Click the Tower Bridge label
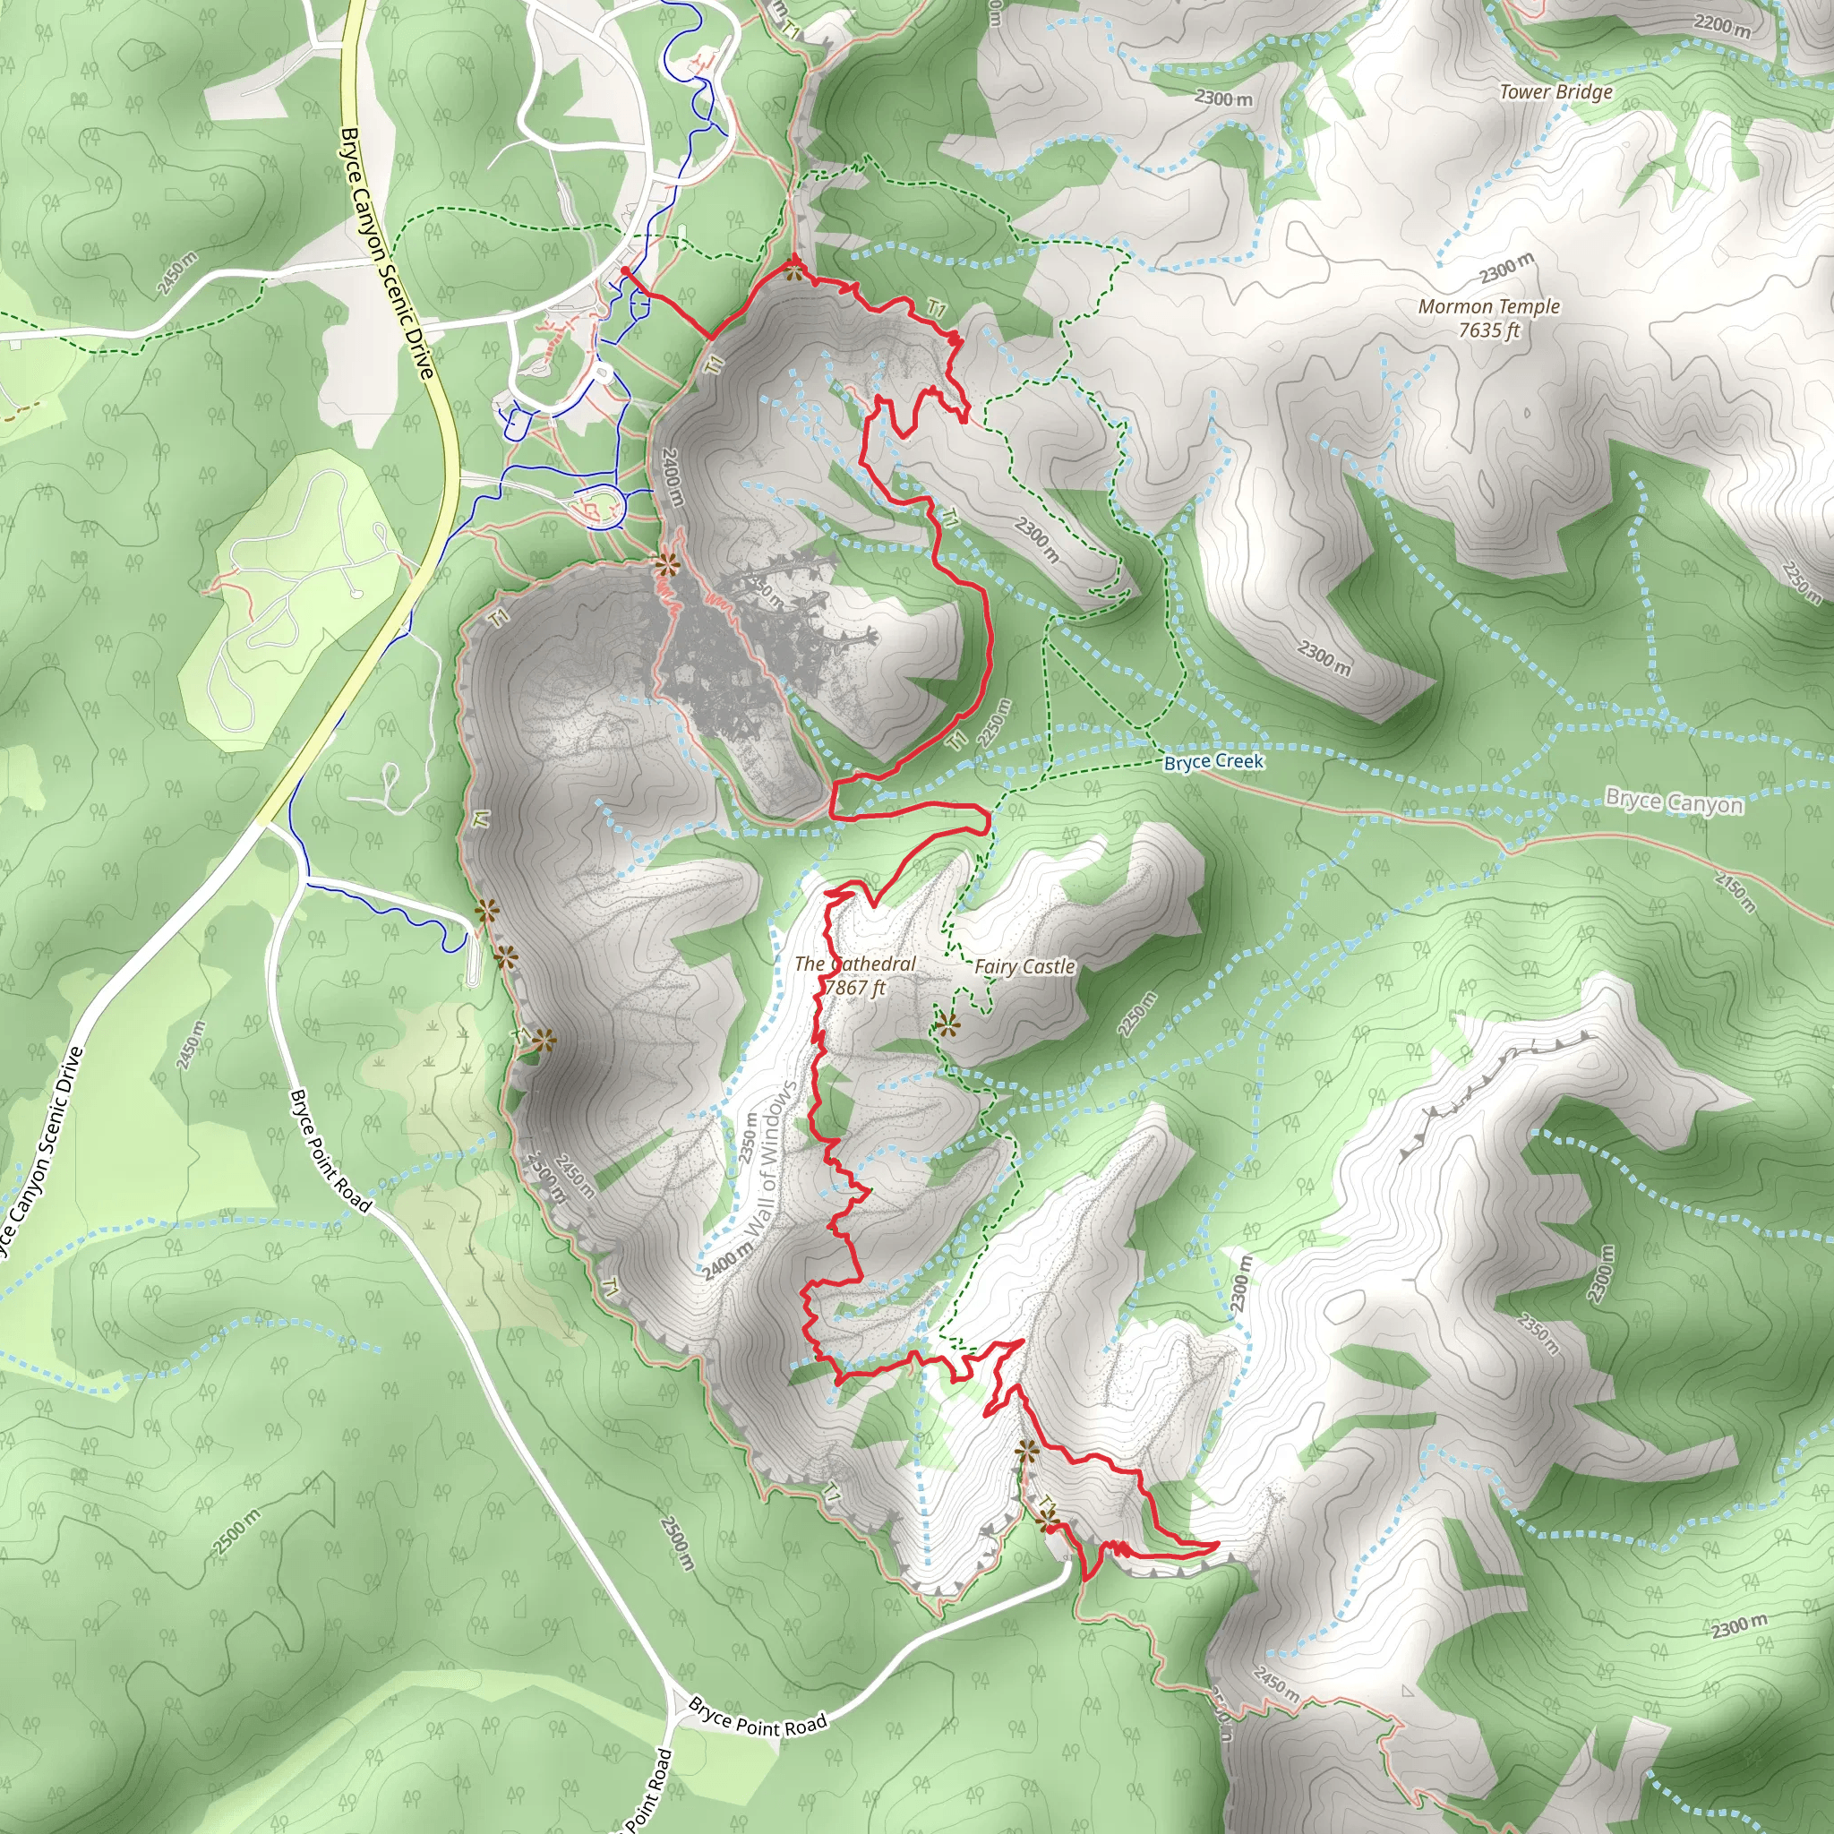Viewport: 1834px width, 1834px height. tap(1555, 92)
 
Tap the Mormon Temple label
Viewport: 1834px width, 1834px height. tap(1488, 306)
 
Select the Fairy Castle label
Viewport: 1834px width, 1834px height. tap(1024, 966)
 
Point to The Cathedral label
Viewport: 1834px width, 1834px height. tap(855, 964)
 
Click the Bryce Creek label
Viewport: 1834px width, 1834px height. tap(1213, 761)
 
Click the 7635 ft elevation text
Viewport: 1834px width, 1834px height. tap(1488, 330)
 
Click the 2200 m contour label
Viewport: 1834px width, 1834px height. tap(1722, 26)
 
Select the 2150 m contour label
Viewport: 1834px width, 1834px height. tap(1735, 891)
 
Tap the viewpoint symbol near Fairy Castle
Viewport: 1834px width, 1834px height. tap(947, 1024)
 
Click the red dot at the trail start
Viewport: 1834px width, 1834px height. tap(626, 271)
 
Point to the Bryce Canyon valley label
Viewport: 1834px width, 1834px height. tap(1674, 803)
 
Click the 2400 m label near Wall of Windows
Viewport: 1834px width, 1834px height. tap(727, 1261)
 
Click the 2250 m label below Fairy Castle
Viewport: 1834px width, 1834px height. tap(1136, 1014)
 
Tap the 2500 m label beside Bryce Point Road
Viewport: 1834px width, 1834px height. tap(678, 1544)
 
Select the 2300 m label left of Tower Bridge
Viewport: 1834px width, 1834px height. tap(1222, 98)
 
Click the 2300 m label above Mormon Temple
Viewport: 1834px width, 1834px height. tap(1505, 269)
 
